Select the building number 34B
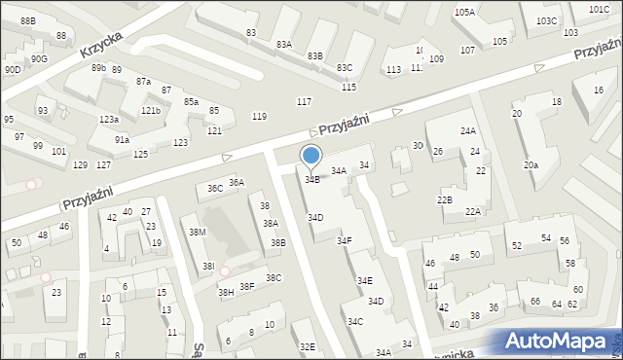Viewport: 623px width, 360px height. (x=311, y=179)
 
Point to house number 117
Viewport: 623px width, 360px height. (x=304, y=102)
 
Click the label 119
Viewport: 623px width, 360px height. (x=259, y=117)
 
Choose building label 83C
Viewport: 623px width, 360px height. (x=345, y=68)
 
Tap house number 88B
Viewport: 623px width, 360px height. (x=27, y=20)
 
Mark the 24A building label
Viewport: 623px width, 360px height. (x=468, y=130)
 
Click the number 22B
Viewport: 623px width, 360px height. (x=444, y=199)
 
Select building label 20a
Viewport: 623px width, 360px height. (x=531, y=165)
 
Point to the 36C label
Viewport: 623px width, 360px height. (x=215, y=188)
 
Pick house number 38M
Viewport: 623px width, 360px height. (x=198, y=232)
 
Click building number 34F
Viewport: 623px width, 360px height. (x=345, y=240)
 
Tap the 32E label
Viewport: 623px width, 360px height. (x=308, y=346)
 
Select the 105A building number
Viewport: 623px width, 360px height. (x=464, y=13)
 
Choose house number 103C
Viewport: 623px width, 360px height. (x=546, y=20)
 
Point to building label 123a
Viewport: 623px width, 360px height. (x=109, y=120)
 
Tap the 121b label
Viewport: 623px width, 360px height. (x=150, y=111)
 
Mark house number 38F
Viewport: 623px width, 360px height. (x=247, y=286)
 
